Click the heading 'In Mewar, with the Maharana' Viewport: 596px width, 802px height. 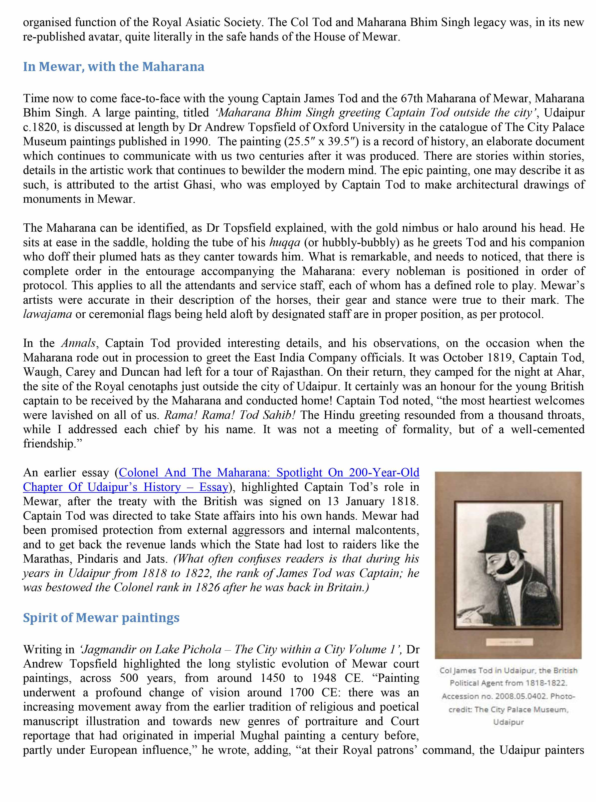pos(114,67)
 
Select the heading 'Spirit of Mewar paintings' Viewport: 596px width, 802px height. pos(101,618)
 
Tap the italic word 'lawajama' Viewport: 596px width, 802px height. pos(47,314)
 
